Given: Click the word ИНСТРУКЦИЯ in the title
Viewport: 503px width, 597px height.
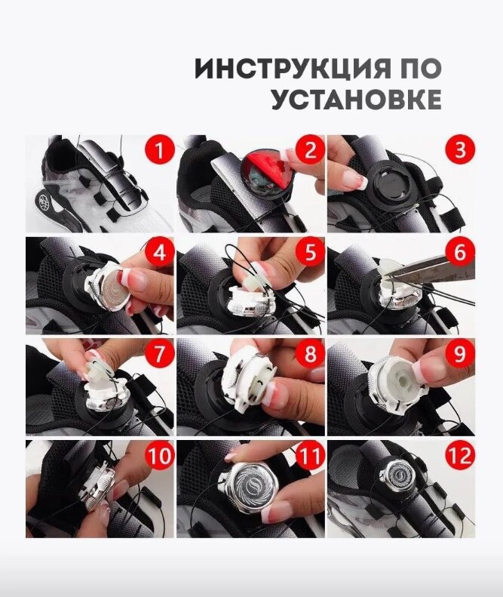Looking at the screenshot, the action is point(293,69).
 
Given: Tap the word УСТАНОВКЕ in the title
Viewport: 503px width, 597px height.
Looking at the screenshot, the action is point(357,100).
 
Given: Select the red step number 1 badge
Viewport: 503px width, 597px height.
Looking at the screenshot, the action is point(159,149).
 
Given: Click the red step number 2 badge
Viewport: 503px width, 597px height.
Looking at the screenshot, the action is point(310,149).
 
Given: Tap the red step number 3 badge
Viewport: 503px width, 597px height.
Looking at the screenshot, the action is point(460,149).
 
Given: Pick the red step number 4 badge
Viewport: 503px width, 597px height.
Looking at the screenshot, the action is point(159,251).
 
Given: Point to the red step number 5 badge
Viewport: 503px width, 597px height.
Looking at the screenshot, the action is point(310,251).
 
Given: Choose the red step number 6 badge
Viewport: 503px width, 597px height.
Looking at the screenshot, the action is point(460,251).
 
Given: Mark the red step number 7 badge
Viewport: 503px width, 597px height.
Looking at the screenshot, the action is point(159,353).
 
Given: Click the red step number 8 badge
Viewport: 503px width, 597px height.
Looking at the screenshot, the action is point(310,353).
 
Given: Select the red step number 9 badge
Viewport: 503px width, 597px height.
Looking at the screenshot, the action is point(460,353).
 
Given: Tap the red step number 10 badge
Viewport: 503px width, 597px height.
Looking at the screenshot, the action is point(159,455).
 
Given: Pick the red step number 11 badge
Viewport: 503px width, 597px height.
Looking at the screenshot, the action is point(310,455).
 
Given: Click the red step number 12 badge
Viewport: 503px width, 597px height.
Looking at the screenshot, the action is point(460,455).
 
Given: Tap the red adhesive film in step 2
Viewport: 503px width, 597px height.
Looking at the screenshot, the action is point(266,171).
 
